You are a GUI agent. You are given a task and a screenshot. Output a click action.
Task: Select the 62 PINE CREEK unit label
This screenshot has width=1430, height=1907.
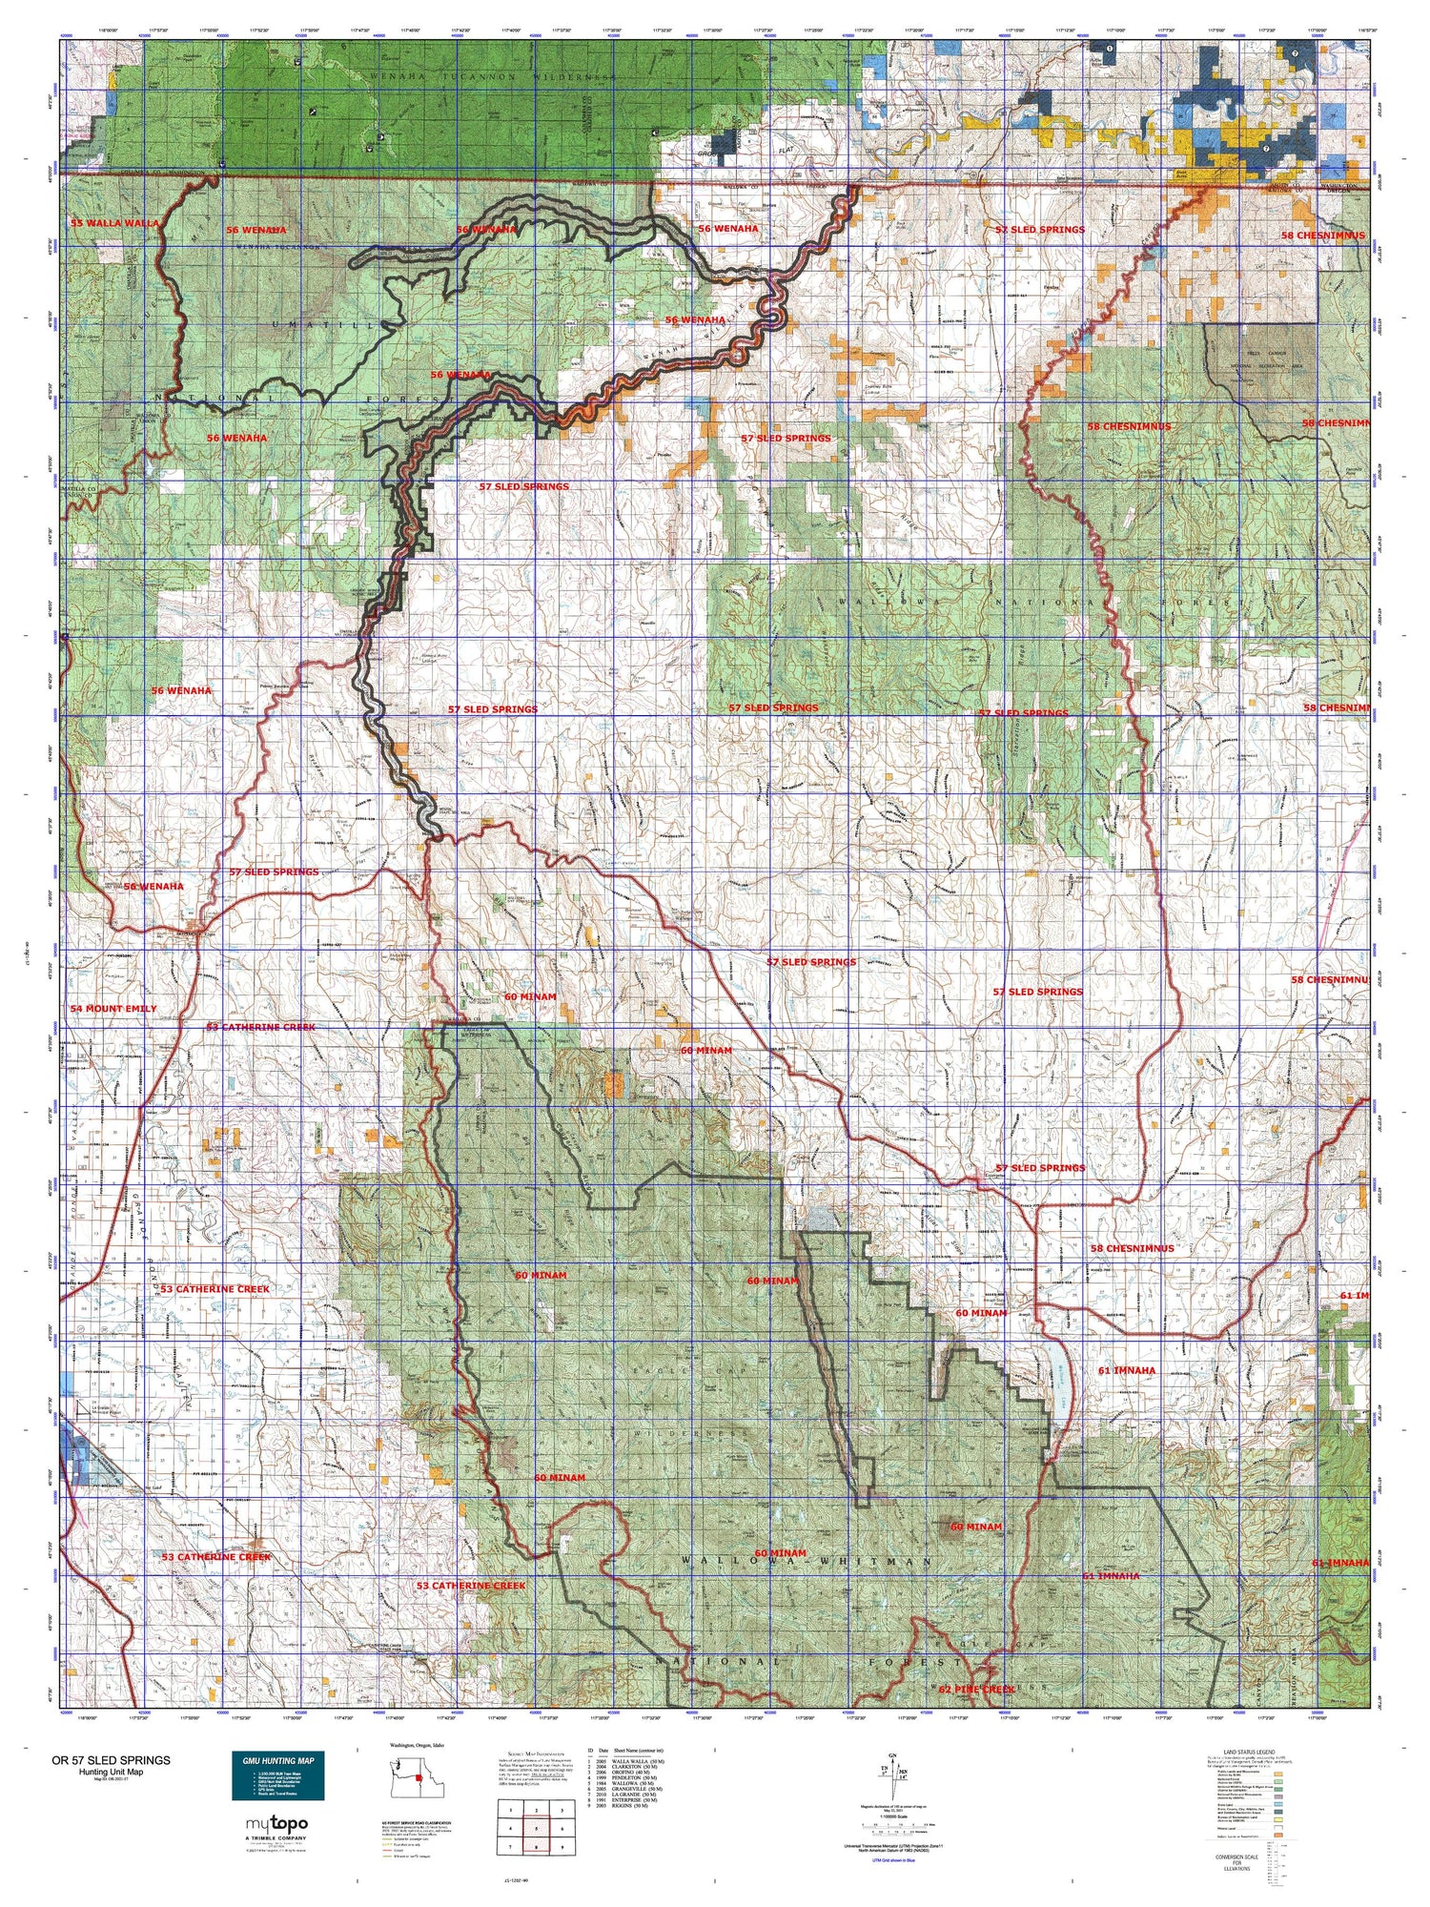976,1690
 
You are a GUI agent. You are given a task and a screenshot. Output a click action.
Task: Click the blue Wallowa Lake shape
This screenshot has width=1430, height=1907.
1058,1398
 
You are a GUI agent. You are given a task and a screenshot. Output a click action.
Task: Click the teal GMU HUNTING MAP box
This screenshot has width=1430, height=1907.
279,1774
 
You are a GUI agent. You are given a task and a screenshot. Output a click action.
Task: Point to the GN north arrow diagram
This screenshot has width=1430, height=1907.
891,1772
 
